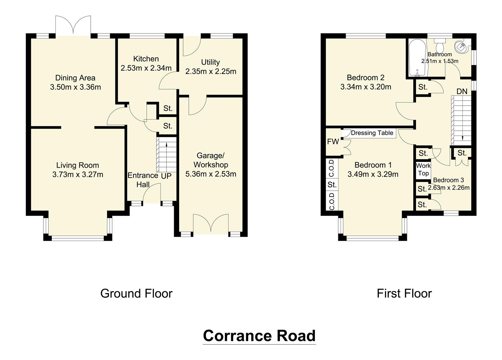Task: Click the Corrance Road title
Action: tap(259, 336)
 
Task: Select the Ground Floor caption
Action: tap(136, 293)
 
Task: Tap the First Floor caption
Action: tap(404, 293)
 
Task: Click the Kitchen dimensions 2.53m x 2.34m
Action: tap(146, 68)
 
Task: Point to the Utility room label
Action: tap(210, 62)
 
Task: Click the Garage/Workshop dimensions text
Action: tap(210, 174)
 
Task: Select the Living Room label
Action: tap(77, 165)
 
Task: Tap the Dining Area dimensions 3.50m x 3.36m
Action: tap(75, 87)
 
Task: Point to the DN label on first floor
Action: tap(462, 91)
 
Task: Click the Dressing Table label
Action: tap(372, 133)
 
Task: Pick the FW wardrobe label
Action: tap(333, 142)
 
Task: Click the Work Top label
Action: tap(423, 169)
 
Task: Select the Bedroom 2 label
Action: tap(366, 78)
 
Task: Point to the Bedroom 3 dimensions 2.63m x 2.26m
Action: tap(449, 188)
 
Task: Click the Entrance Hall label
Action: tap(143, 180)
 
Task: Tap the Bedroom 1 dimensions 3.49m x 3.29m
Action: tap(373, 174)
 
